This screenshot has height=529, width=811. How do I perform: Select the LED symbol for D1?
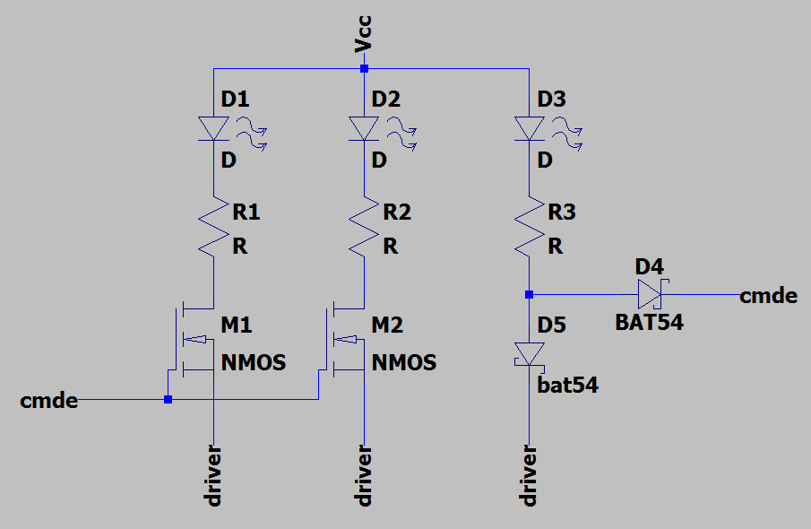[x=214, y=129]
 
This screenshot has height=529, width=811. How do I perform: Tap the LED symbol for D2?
[x=364, y=129]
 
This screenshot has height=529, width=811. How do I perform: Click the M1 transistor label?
[x=237, y=325]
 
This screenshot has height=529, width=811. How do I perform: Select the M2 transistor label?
[x=387, y=325]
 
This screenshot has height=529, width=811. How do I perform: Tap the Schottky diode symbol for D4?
[x=649, y=294]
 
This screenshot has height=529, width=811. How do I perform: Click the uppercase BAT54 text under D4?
[x=649, y=323]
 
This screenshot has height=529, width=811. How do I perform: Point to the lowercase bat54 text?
[x=567, y=386]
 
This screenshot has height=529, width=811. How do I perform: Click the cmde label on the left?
[x=48, y=401]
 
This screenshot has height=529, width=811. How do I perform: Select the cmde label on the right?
[x=768, y=295]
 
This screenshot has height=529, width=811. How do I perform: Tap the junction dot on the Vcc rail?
[x=364, y=68]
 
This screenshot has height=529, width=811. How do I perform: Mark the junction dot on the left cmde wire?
[x=168, y=400]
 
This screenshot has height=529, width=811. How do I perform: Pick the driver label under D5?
[x=529, y=474]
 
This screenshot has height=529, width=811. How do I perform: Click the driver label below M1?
[x=214, y=474]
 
